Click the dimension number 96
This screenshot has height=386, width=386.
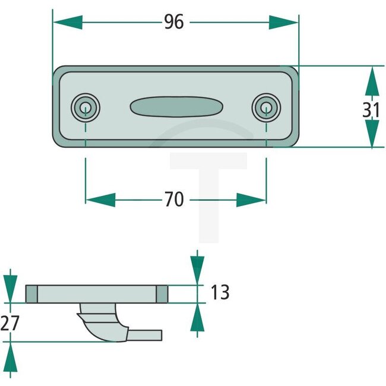point(174,22)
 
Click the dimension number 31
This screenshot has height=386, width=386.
point(372,110)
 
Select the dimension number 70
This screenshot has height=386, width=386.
point(174,200)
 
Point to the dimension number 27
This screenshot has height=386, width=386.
point(11,323)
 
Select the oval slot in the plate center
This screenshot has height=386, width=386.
point(176,107)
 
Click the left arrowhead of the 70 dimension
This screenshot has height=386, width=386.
point(100,200)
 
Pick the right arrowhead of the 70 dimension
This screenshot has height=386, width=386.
point(251,200)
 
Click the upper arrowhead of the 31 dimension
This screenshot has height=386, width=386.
point(372,80)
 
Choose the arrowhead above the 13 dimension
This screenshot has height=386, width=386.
point(197,271)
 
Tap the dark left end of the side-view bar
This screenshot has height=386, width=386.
point(32,293)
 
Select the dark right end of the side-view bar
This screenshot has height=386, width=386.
point(162,293)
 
